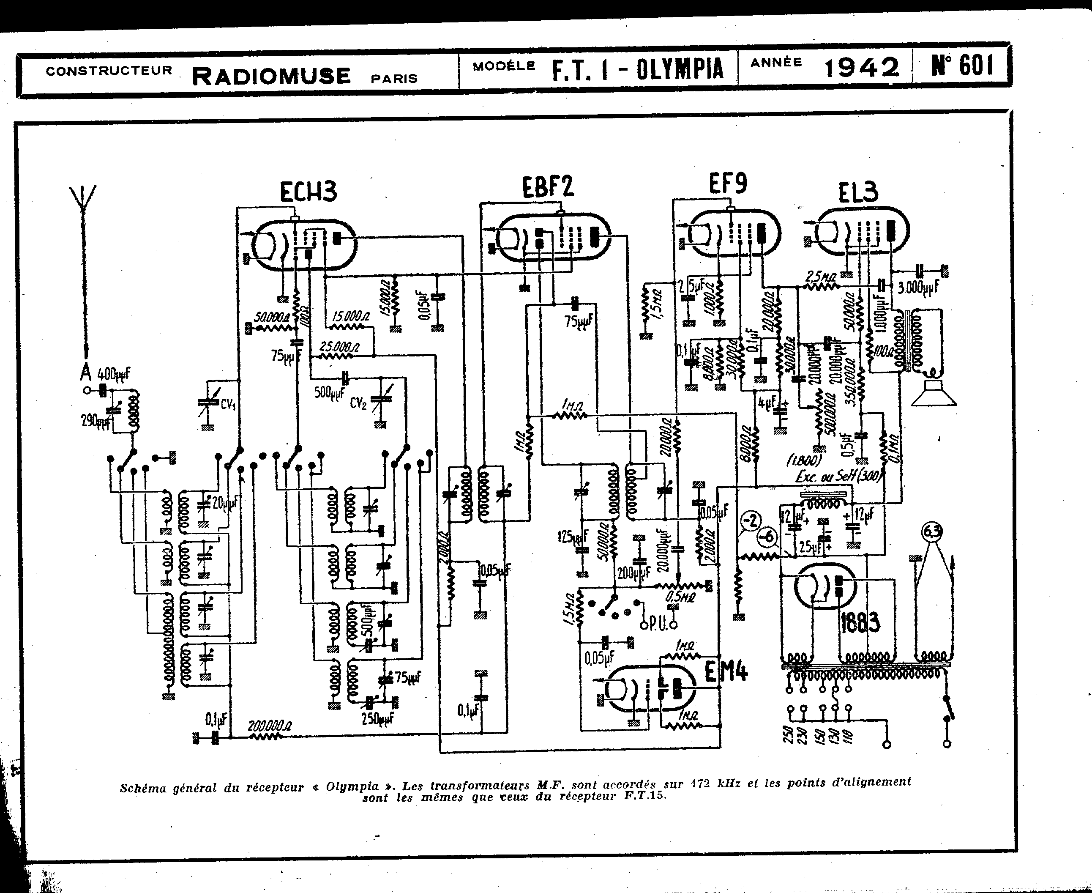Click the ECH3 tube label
308,192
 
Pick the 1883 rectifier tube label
860,623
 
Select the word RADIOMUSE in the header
271,76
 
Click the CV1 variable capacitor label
228,404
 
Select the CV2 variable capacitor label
358,403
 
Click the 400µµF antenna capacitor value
114,374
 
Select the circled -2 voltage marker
751,520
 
